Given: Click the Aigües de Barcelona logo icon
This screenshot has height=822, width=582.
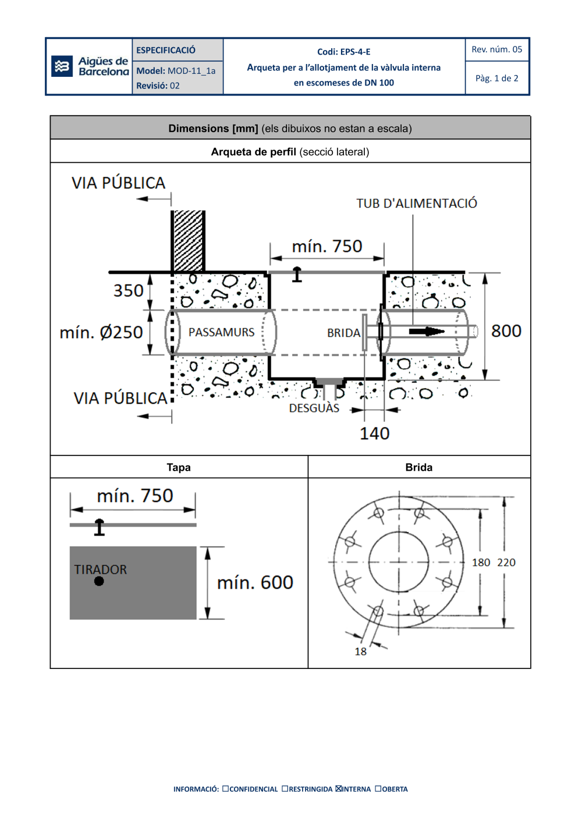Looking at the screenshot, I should point(62,66).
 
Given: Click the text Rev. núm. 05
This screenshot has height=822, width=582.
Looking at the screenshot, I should point(496,49).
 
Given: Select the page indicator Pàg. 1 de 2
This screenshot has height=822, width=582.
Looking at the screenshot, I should point(496,78).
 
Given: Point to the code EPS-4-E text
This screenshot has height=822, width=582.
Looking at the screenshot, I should point(343,52).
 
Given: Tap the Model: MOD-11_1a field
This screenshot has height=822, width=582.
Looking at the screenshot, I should point(176,71).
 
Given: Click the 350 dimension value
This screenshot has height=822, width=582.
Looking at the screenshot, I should point(128,290).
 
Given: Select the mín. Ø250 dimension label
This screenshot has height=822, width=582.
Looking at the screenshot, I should point(101,332).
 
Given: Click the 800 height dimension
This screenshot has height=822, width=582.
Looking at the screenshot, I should point(506,331).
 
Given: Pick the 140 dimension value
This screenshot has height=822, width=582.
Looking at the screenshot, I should point(374,433).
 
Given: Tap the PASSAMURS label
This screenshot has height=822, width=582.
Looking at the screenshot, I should point(221,332).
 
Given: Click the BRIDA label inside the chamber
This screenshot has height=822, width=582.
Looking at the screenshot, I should point(343,333).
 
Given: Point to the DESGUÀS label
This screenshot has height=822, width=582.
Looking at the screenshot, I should point(314,408).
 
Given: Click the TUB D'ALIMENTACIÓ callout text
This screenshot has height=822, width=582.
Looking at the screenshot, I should point(417,204).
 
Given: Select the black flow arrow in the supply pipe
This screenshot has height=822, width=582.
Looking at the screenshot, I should point(427,331).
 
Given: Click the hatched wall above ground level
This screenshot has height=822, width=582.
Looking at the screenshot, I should point(189,240).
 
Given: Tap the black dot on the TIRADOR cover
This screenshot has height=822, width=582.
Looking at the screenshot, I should point(99,581).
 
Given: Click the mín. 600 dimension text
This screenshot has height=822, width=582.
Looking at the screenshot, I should point(255,582).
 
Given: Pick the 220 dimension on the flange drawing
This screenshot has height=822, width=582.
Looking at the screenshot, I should point(506,563).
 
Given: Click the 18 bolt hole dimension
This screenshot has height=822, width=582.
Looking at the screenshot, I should point(361,652).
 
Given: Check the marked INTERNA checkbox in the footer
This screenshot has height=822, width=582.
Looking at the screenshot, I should point(339,789).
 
